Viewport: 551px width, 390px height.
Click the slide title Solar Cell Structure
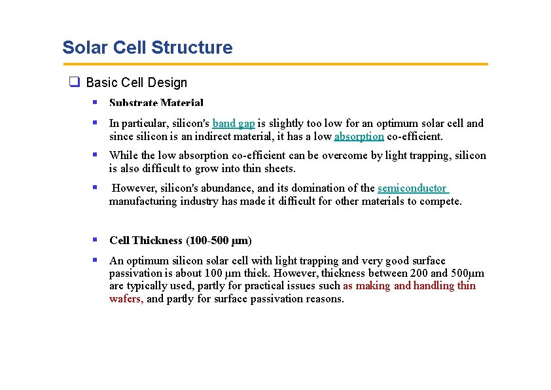click(147, 48)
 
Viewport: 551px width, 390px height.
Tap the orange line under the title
click(275, 64)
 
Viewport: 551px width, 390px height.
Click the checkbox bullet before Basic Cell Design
click(75, 82)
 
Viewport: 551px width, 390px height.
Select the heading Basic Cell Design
click(136, 82)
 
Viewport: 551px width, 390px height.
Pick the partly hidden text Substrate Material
click(156, 103)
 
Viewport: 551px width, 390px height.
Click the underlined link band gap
click(234, 123)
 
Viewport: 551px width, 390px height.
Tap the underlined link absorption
click(359, 136)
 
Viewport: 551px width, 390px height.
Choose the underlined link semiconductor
click(412, 188)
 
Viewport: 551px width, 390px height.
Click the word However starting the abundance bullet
click(133, 188)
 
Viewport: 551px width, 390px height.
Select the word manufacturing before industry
click(142, 201)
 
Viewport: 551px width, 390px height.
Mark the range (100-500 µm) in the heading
click(219, 240)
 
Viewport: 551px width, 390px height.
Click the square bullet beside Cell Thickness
click(95, 239)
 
